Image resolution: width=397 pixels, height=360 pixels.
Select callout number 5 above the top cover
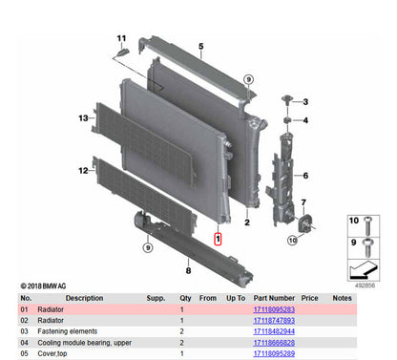(200, 46)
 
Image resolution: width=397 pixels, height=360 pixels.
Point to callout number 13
(83, 118)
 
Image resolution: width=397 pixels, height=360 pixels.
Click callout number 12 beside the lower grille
(83, 170)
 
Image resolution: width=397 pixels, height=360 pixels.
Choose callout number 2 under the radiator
(246, 222)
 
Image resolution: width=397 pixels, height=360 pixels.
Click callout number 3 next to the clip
(304, 101)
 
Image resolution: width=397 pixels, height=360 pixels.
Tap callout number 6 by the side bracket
(304, 176)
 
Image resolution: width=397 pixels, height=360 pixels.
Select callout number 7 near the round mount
(303, 202)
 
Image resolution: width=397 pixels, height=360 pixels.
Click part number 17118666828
(274, 341)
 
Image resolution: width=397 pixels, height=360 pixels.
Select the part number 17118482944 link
(274, 331)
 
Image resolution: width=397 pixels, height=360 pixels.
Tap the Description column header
(58, 298)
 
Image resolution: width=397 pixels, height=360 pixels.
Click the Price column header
(309, 298)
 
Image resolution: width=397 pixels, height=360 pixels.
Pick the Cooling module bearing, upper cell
(85, 341)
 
